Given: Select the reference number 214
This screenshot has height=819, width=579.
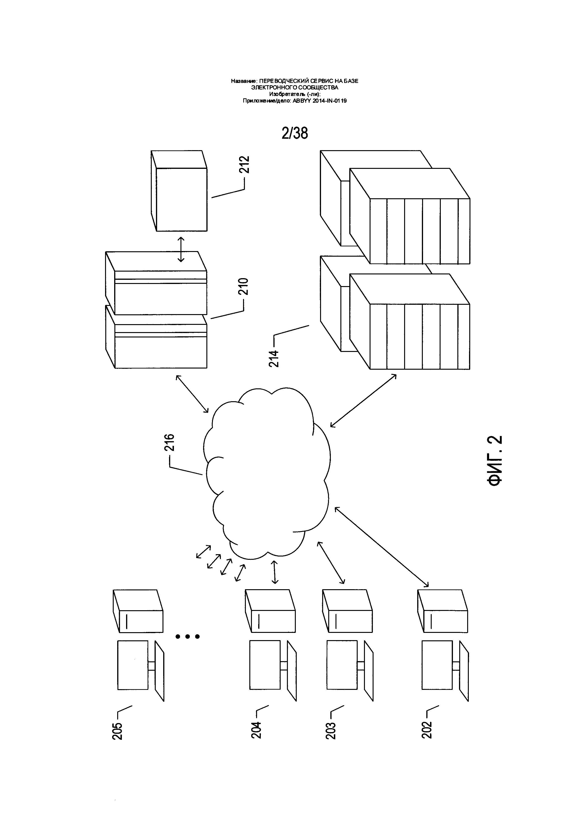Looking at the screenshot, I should [274, 359].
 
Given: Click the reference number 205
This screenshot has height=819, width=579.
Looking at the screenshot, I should [117, 731].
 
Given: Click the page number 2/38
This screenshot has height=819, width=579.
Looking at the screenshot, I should [294, 133].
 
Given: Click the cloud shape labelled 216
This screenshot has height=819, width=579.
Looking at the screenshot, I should [267, 474].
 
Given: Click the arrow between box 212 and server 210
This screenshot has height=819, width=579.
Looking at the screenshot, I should [181, 249].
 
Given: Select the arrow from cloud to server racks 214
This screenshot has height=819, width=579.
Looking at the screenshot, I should [363, 400].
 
